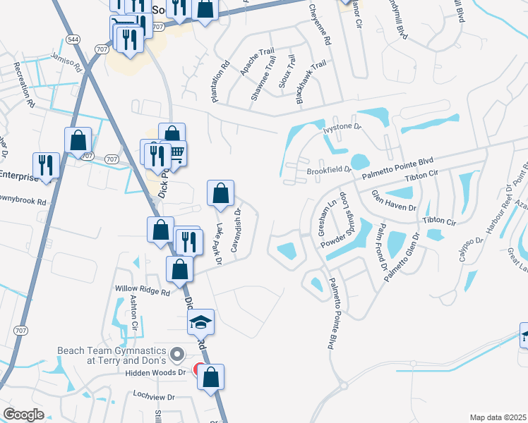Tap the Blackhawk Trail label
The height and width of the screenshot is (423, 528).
[311, 83]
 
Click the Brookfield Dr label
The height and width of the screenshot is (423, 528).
[329, 170]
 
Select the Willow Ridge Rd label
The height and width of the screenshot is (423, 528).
[143, 291]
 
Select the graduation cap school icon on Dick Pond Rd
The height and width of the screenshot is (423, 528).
[200, 322]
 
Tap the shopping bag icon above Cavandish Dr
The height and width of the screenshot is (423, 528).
[221, 192]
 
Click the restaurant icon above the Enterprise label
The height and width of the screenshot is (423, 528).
[47, 166]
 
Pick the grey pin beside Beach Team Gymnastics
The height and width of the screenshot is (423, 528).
[177, 355]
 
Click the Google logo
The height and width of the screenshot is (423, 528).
[23, 415]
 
